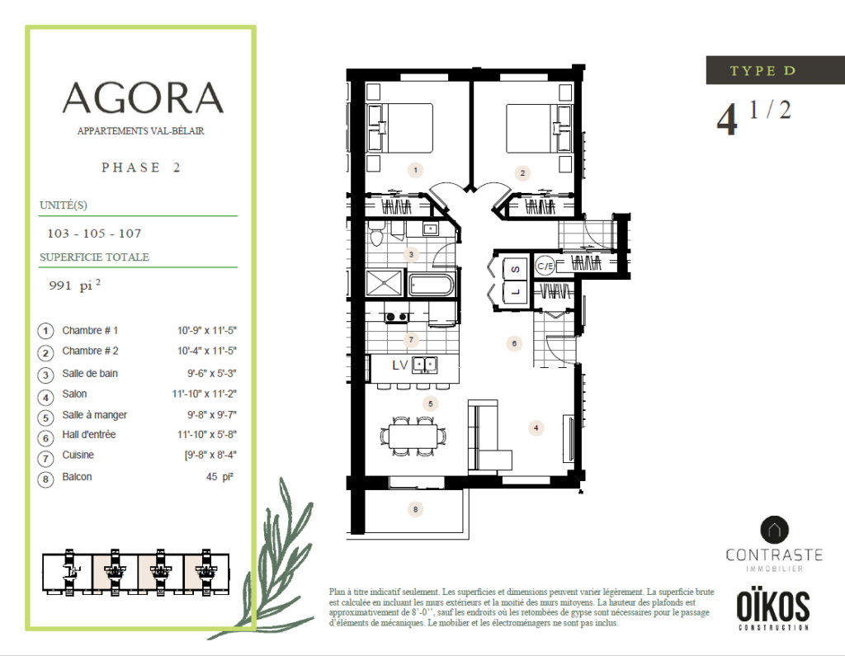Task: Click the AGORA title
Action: click(143, 97)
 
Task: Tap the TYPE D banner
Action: click(775, 70)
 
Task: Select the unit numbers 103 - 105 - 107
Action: click(94, 234)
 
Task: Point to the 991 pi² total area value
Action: click(74, 286)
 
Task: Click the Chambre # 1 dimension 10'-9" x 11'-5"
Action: click(207, 330)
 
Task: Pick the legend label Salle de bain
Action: click(89, 374)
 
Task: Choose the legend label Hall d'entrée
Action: click(89, 435)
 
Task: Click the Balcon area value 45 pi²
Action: click(220, 477)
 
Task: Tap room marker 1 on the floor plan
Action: click(415, 170)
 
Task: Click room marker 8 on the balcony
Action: click(415, 509)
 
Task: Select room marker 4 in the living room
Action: click(536, 428)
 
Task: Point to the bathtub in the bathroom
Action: click(432, 285)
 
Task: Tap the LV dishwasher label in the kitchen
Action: click(400, 366)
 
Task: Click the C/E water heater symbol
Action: click(545, 266)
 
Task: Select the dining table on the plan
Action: click(413, 436)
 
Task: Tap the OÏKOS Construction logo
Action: click(773, 609)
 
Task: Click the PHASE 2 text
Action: click(140, 168)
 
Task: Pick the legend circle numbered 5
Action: click(46, 418)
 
